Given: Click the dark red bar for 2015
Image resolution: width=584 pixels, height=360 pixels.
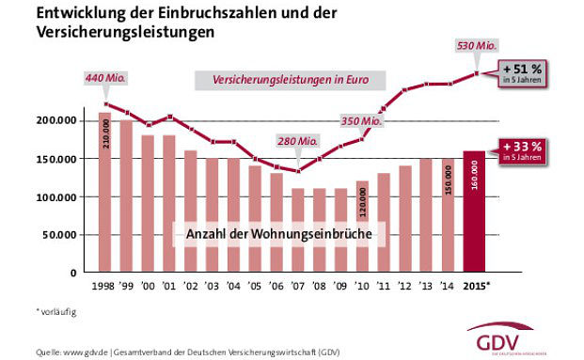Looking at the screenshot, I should (475, 211).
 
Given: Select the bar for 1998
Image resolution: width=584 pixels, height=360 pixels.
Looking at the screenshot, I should (104, 193).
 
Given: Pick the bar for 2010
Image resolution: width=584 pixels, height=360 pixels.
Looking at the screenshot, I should (363, 227).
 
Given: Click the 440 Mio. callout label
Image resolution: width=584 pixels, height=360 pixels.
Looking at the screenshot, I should (105, 77).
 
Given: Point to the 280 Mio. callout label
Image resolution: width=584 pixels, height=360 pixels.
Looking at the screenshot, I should (299, 142).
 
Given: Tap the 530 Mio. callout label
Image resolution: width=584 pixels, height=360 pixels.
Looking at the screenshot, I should (475, 45).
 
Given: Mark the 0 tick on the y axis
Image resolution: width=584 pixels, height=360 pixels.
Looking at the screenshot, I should (83, 273).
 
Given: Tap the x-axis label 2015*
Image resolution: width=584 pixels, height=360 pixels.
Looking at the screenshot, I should (476, 286).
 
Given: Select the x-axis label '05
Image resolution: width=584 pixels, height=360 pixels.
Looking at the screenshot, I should (256, 286).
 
